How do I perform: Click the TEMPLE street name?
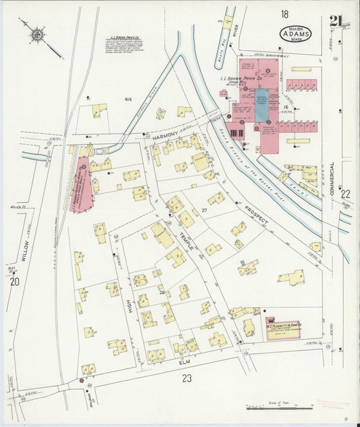pyautogui.click(x=185, y=240)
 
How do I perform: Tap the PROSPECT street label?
pyautogui.click(x=256, y=216)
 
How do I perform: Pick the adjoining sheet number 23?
pyautogui.click(x=186, y=379)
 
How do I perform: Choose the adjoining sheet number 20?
pyautogui.click(x=14, y=282)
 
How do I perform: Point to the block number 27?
pyautogui.click(x=203, y=211)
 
